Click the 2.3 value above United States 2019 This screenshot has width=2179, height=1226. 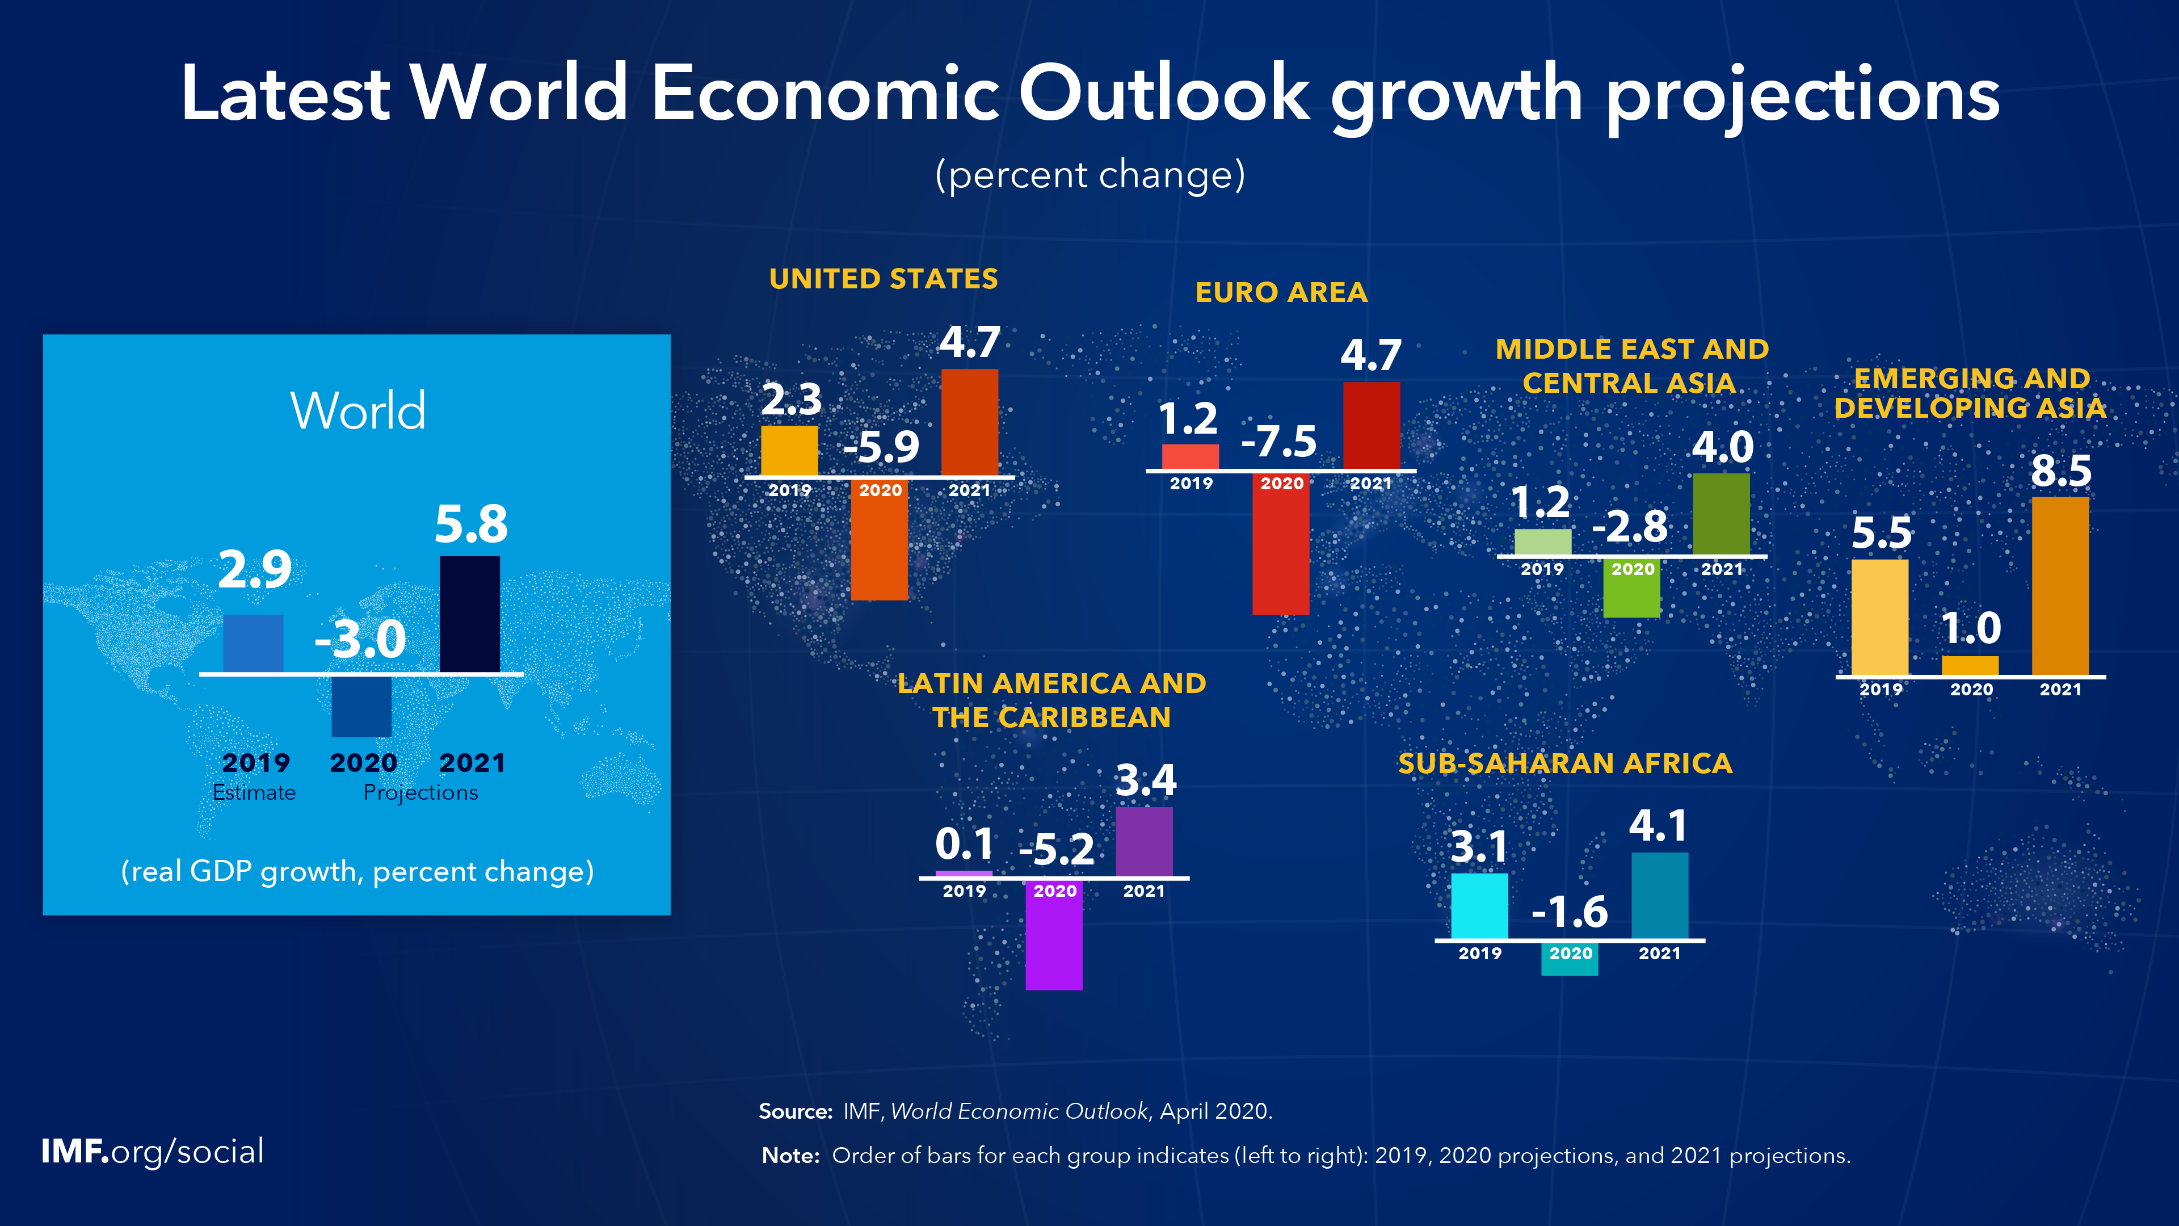pyautogui.click(x=791, y=400)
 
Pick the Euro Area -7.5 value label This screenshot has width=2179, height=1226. pyautogui.click(x=1279, y=442)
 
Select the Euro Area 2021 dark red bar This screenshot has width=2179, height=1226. pyautogui.click(x=1371, y=426)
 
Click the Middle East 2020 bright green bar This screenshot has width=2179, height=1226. pyautogui.click(x=1632, y=587)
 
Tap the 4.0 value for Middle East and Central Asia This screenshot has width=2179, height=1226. pyautogui.click(x=1722, y=447)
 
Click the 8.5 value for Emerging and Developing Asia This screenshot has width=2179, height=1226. pyautogui.click(x=2060, y=471)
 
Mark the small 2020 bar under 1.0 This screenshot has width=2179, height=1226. pyautogui.click(x=1970, y=666)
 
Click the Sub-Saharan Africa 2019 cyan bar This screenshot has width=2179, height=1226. pyautogui.click(x=1479, y=905)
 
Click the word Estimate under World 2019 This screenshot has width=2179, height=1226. pyautogui.click(x=254, y=793)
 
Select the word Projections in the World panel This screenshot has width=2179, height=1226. pyautogui.click(x=420, y=793)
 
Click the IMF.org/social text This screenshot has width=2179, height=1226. pyautogui.click(x=152, y=1152)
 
